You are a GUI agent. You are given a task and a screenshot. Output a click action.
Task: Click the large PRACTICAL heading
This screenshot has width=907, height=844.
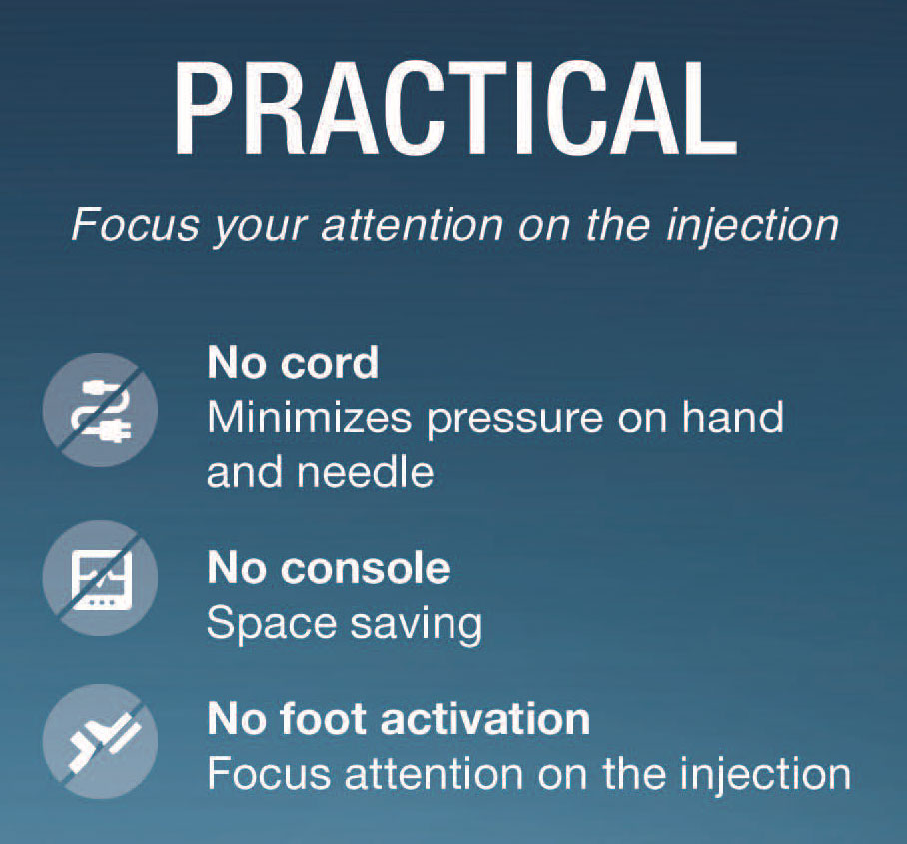455,108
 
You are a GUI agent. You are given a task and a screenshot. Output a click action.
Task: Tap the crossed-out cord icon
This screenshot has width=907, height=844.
101,411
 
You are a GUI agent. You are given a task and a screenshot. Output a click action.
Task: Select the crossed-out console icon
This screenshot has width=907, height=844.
101,578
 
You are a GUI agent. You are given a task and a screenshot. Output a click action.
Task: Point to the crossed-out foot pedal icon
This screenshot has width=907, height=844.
101,741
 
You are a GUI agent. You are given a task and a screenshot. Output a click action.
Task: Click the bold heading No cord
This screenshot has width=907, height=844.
293,363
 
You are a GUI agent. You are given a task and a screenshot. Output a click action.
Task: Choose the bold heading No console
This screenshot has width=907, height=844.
329,568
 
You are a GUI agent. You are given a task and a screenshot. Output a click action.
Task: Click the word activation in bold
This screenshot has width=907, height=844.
484,719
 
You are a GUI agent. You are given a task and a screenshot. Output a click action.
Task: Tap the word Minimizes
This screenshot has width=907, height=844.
309,418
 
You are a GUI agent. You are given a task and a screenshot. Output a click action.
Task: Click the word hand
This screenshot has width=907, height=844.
732,418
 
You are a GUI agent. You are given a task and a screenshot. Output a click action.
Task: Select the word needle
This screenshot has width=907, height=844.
365,472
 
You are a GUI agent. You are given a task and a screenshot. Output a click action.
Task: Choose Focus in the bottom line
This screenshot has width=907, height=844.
269,773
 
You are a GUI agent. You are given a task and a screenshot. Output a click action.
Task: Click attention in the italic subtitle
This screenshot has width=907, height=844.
413,225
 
